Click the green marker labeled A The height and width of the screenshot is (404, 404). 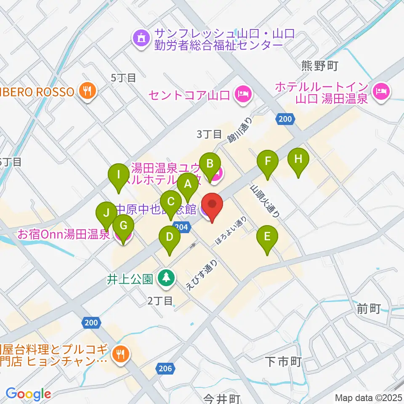pos(187,184)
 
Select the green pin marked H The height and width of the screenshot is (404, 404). pos(298,159)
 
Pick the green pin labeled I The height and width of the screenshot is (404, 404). pos(119,175)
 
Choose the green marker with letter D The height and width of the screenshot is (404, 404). pos(169,237)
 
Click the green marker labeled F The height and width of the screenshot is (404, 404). pos(268,161)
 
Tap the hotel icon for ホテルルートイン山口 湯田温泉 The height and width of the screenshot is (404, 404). pos(382,90)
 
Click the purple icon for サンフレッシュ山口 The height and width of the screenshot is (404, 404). pos(140,39)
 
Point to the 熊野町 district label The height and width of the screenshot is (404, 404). pos(320,65)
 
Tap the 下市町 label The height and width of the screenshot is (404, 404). pos(284,361)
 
